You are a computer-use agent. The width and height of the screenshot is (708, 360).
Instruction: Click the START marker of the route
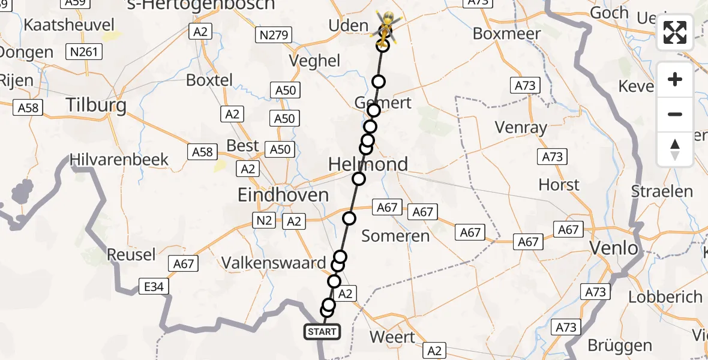pyautogui.click(x=322, y=332)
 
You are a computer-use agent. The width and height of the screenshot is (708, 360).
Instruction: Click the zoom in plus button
pyautogui.click(x=675, y=79)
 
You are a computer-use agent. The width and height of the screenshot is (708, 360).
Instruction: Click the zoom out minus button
pyautogui.click(x=675, y=114)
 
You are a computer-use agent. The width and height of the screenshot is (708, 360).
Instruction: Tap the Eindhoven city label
pyautogui.click(x=283, y=195)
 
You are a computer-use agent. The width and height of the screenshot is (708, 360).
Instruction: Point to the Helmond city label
pyautogui.click(x=368, y=164)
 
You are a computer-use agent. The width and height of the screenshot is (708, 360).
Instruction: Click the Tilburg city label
pyautogui.click(x=96, y=106)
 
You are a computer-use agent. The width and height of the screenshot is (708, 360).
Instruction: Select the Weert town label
pyautogui.click(x=392, y=336)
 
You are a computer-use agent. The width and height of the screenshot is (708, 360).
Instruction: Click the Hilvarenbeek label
pyautogui.click(x=119, y=160)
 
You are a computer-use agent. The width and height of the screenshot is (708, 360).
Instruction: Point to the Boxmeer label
pyautogui.click(x=507, y=33)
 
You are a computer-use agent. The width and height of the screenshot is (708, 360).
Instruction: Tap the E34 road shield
pyautogui.click(x=154, y=287)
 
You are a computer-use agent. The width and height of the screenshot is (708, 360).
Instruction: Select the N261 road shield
pyautogui.click(x=83, y=52)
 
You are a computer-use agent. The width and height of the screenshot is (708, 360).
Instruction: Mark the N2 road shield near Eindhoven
pyautogui.click(x=265, y=221)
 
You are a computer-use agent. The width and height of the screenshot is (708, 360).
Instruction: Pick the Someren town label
pyautogui.click(x=395, y=236)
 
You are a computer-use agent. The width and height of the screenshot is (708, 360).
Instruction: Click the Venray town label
pyautogui.click(x=521, y=128)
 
